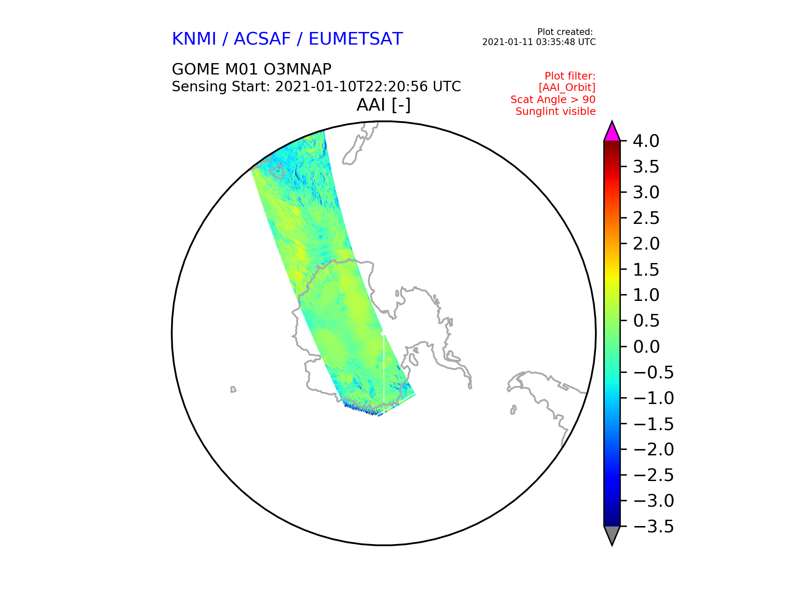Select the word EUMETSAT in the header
356,39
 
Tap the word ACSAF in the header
262,39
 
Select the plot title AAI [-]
383,105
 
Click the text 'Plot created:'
565,32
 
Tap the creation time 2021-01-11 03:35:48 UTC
539,42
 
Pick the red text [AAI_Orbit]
567,88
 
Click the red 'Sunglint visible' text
555,112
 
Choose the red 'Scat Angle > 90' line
553,100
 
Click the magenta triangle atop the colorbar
612,131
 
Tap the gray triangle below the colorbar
612,535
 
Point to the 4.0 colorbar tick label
646,141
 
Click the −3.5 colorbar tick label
653,526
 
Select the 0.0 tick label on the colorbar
646,347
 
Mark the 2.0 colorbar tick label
646,244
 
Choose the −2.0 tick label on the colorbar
653,449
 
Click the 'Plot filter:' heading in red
570,76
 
